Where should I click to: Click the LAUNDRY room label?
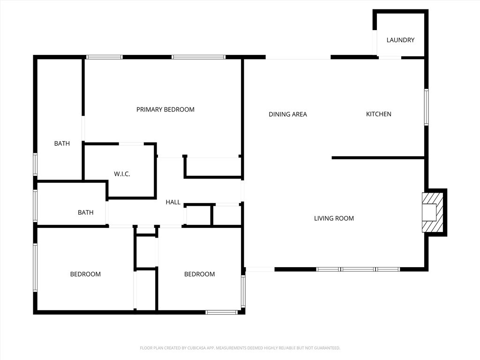pos(400,40)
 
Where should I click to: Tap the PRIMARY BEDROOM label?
pos(165,110)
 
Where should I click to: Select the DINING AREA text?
pos(288,114)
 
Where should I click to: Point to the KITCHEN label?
pos(378,114)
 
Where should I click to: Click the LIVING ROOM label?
pos(334,218)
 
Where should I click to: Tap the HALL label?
pos(173,202)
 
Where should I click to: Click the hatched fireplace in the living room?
pos(433,212)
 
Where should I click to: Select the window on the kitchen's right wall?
pos(426,107)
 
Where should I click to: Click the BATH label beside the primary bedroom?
pos(62,143)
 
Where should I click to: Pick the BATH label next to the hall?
pos(85,213)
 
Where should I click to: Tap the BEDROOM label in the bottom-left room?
pos(85,274)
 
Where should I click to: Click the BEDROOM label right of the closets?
pos(199,274)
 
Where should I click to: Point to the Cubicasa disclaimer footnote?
pos(240,348)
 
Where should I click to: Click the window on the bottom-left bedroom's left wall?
pos(35,267)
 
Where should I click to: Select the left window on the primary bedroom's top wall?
pos(104,57)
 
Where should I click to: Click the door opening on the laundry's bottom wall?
pos(390,57)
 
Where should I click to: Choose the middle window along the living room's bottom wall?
pos(358,269)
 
